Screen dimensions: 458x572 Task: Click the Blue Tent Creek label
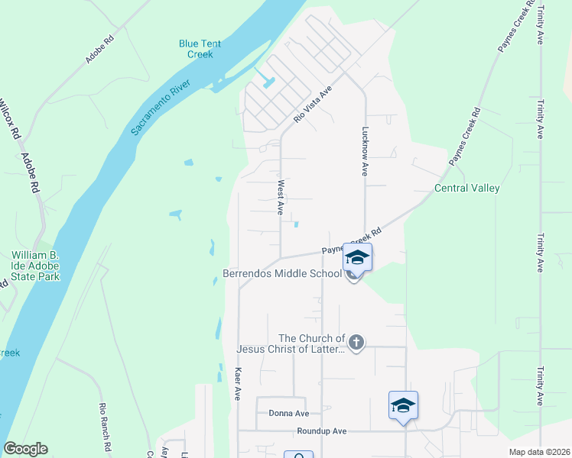[x=200, y=49]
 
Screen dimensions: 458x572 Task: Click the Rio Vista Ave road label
[x=314, y=105]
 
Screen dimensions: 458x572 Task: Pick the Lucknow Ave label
[x=365, y=152]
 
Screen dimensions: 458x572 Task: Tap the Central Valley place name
[x=466, y=189]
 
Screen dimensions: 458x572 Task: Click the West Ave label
[x=281, y=197]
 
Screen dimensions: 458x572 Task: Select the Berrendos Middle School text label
[x=282, y=273]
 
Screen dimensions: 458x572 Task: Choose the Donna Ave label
[x=288, y=414]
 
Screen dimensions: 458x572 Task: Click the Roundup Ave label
[x=321, y=431]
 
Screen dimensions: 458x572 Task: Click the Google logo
[x=25, y=449]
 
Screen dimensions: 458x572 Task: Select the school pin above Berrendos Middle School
[x=357, y=257]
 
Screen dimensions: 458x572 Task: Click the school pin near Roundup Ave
[x=403, y=405]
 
